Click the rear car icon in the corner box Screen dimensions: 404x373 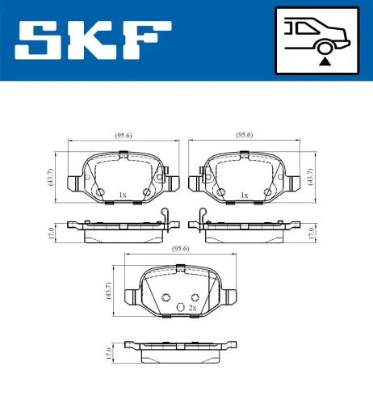(321, 32)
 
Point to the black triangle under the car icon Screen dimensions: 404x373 (325, 60)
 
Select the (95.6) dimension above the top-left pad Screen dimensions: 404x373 (123, 136)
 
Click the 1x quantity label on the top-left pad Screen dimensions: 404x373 (123, 195)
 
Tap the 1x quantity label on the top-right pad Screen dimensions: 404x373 (244, 195)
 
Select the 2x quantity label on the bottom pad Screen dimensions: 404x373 (192, 309)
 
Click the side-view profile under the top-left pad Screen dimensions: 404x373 (121, 232)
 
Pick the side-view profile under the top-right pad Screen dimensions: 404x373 (246, 232)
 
